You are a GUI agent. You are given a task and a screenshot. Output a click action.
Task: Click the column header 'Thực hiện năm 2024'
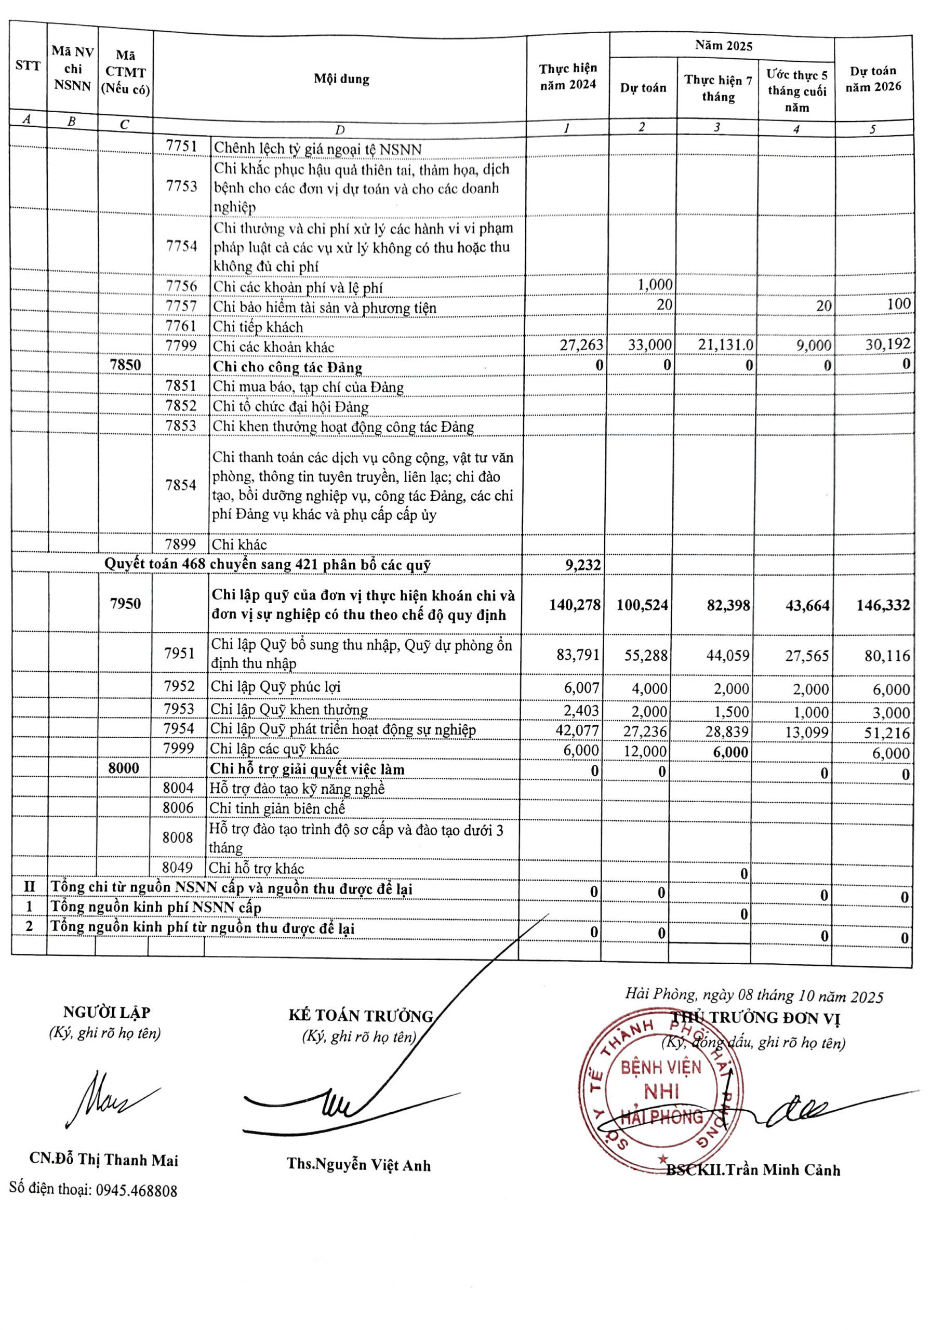pyautogui.click(x=567, y=77)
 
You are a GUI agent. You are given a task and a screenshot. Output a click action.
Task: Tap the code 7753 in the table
pyautogui.click(x=181, y=186)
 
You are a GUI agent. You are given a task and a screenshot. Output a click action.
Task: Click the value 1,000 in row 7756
pyautogui.click(x=655, y=285)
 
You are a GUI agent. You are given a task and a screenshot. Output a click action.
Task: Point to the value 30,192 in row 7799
pyautogui.click(x=887, y=344)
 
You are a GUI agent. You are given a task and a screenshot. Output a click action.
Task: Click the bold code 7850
pyautogui.click(x=125, y=365)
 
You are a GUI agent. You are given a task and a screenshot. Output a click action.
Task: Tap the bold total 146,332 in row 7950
pyautogui.click(x=883, y=605)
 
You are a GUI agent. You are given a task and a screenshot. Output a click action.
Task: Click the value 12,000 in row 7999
pyautogui.click(x=645, y=752)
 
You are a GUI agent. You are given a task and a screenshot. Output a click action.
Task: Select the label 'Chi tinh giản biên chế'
pyautogui.click(x=277, y=808)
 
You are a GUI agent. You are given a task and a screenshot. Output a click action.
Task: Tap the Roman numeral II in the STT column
pyautogui.click(x=29, y=887)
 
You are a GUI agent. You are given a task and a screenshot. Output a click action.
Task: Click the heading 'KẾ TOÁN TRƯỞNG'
pyautogui.click(x=361, y=1016)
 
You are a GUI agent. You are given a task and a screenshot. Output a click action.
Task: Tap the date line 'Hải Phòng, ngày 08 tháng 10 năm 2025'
pyautogui.click(x=754, y=996)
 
